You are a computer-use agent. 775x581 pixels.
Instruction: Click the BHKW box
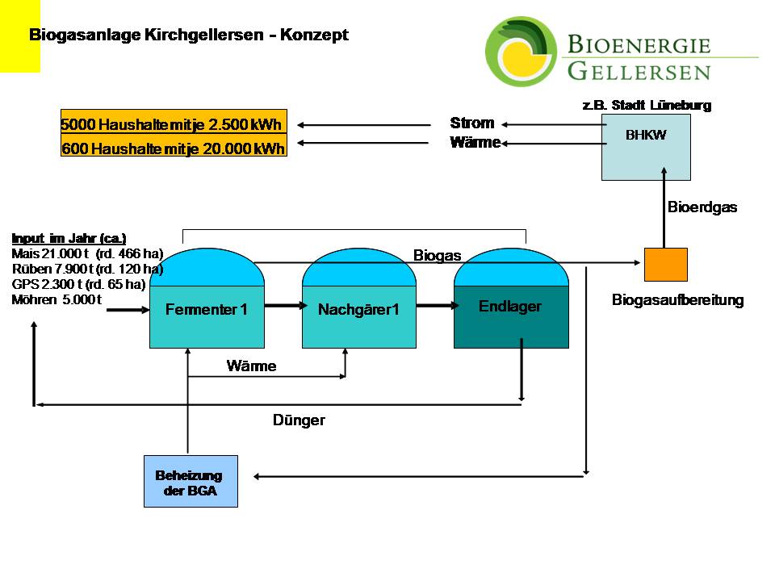pyautogui.click(x=646, y=146)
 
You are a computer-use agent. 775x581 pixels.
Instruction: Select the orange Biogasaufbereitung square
pyautogui.click(x=665, y=265)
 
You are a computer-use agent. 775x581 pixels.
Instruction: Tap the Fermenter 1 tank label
pyautogui.click(x=206, y=309)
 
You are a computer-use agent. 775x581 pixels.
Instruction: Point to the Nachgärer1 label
pyautogui.click(x=358, y=309)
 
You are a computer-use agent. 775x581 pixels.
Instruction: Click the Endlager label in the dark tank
pyautogui.click(x=510, y=307)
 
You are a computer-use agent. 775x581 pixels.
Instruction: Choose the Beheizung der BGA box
pyautogui.click(x=191, y=482)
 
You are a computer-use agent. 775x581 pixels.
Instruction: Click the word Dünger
pyautogui.click(x=299, y=420)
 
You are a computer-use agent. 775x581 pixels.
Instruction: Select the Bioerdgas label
pyautogui.click(x=702, y=207)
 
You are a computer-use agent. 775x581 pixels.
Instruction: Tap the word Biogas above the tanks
pyautogui.click(x=438, y=256)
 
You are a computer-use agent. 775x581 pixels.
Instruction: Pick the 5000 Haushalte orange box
pyautogui.click(x=174, y=125)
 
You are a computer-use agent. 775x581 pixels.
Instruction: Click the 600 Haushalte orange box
pyautogui.click(x=174, y=148)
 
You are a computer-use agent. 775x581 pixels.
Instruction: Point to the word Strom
pyautogui.click(x=472, y=123)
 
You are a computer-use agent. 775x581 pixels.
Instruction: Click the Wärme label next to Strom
pyautogui.click(x=475, y=143)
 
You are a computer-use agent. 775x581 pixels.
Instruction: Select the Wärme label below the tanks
pyautogui.click(x=251, y=366)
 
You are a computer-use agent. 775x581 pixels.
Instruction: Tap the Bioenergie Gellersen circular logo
pyautogui.click(x=520, y=52)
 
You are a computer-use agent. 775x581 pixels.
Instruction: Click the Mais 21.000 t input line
pyautogui.click(x=87, y=253)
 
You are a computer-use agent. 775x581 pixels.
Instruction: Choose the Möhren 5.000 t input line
pyautogui.click(x=57, y=299)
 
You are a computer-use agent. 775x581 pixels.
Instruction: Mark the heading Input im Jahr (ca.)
pyautogui.click(x=69, y=238)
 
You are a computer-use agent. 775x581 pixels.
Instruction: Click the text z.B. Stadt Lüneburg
pyautogui.click(x=647, y=105)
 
